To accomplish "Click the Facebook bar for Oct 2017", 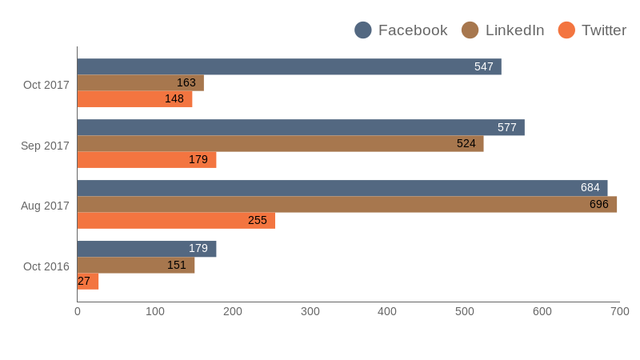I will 289,66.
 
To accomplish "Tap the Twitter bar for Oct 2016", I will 88,281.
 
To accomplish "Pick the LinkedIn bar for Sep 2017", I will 280,143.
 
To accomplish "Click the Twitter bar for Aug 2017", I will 176,220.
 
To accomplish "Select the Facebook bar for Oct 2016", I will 146,249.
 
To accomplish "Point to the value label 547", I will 483,66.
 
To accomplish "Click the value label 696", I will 598,204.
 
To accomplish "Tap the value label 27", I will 84,281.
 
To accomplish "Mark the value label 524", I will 466,143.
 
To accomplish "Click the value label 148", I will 174,98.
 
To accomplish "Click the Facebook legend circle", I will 363,30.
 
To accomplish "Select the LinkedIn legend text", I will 514,30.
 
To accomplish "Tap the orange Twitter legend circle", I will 566,30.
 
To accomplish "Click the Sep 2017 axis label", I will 45,146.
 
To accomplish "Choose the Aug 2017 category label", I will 45,206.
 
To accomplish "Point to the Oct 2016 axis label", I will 46,266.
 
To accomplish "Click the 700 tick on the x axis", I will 619,311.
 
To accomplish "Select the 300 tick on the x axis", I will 310,311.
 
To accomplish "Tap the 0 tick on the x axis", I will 78,311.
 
